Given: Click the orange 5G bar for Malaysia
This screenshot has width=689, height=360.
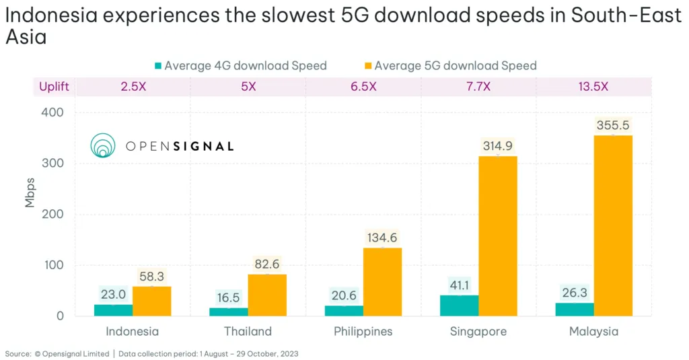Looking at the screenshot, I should pyautogui.click(x=613, y=225).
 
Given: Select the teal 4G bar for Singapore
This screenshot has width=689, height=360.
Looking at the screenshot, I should pyautogui.click(x=460, y=305).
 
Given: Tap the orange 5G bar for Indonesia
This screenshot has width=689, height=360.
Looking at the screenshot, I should pyautogui.click(x=151, y=301).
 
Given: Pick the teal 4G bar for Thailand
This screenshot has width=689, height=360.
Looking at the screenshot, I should pyautogui.click(x=229, y=312).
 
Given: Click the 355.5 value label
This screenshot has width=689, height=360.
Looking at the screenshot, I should pyautogui.click(x=613, y=125).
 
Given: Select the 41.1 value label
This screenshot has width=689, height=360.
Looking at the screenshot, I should pyautogui.click(x=460, y=285).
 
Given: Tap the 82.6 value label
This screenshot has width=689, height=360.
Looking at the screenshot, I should pyautogui.click(x=267, y=264).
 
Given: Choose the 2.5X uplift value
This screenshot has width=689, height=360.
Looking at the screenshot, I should pyautogui.click(x=133, y=87).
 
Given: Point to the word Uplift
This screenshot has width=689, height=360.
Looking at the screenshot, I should pyautogui.click(x=54, y=87).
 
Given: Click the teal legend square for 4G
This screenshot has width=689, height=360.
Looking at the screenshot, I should pyautogui.click(x=159, y=66).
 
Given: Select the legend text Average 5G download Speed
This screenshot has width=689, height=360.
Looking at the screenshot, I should pyautogui.click(x=456, y=66).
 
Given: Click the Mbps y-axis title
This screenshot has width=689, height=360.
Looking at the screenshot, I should pyautogui.click(x=30, y=192).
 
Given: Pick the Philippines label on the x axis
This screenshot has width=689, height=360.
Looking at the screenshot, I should pyautogui.click(x=363, y=332).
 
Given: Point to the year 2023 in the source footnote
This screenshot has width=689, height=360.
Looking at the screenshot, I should pyautogui.click(x=289, y=354).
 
